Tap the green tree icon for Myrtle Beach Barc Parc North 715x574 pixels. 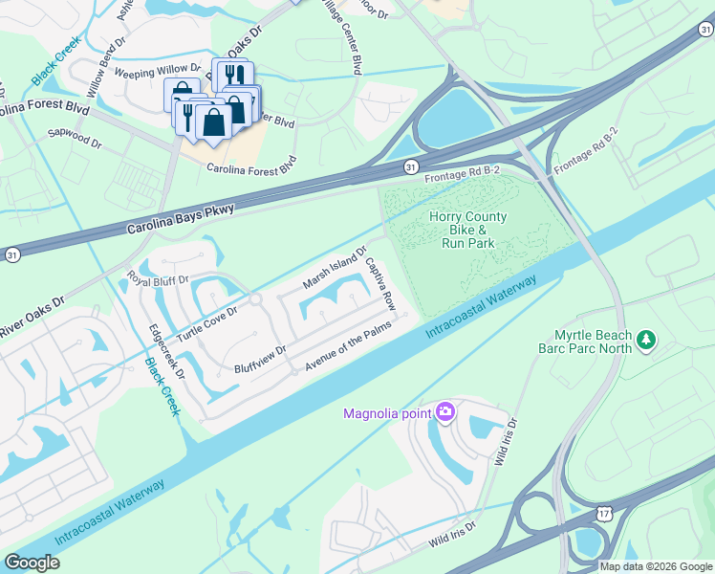[647, 340]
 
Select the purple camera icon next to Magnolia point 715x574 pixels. [444, 412]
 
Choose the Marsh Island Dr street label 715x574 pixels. [335, 269]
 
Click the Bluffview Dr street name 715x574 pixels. [260, 361]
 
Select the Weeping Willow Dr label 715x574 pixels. [157, 71]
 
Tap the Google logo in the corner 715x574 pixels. [32, 563]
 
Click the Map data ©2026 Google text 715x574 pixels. [656, 566]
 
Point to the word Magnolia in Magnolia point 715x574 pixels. [378, 413]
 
